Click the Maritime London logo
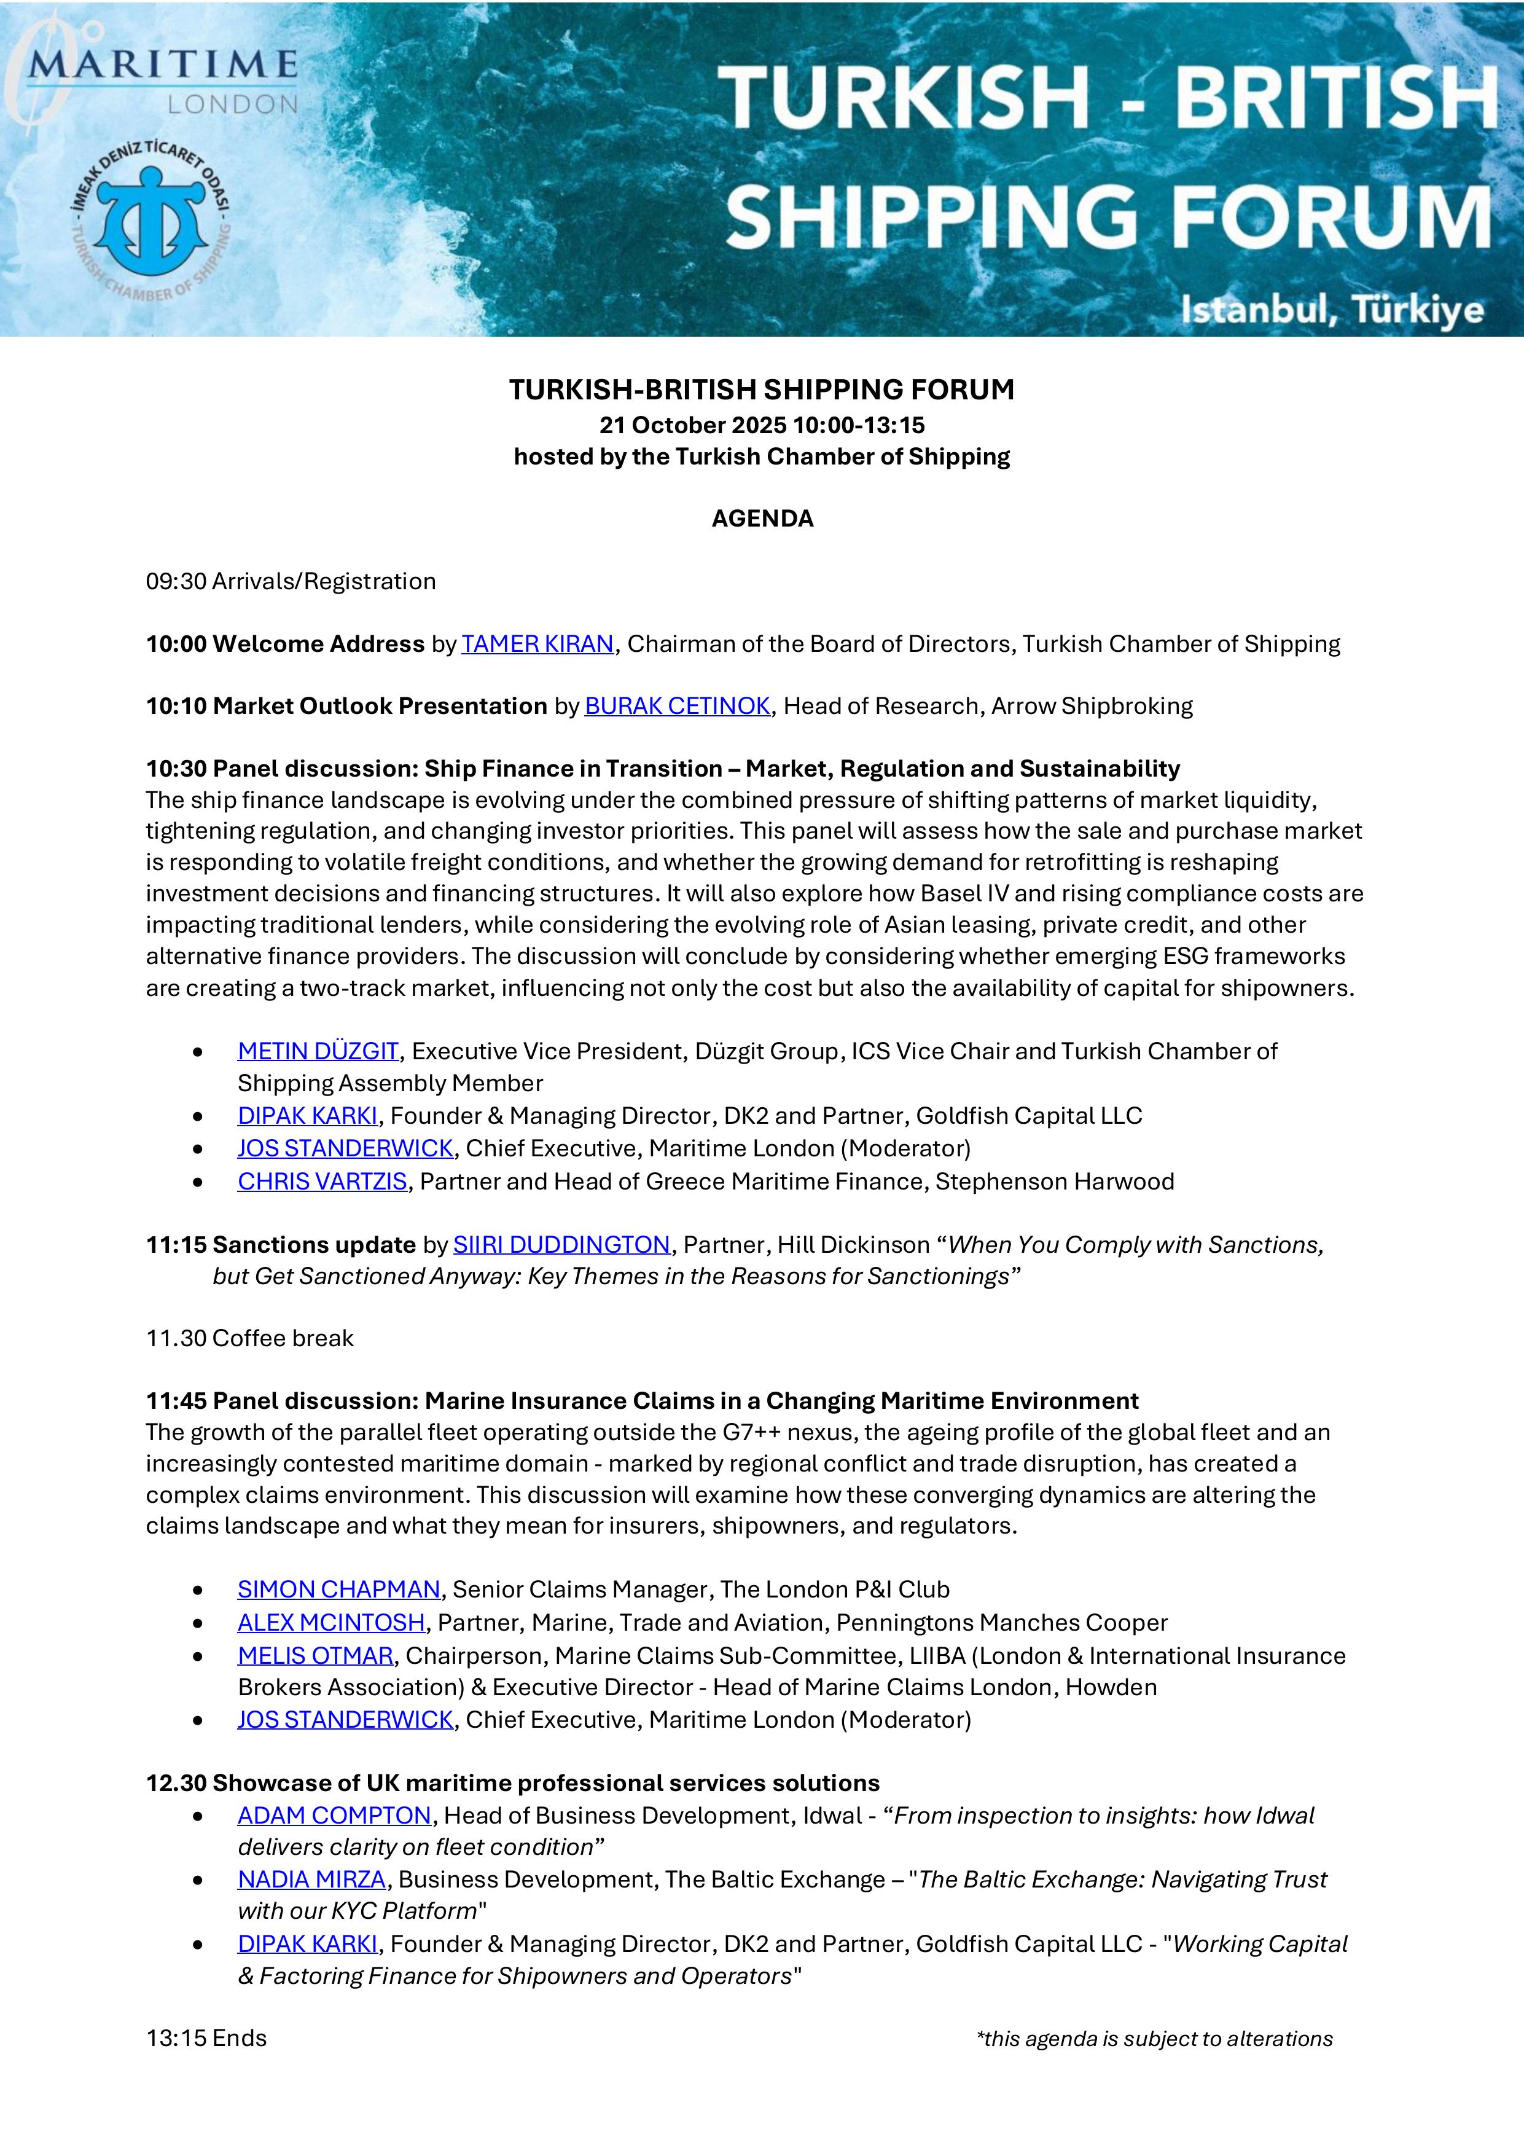coord(155,80)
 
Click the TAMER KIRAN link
coord(537,644)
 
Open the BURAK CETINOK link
coord(677,706)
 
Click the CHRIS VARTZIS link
coord(322,1182)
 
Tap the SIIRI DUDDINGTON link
coord(561,1245)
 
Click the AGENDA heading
coord(762,519)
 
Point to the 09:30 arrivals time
coord(176,581)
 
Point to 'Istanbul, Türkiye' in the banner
coord(1332,310)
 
